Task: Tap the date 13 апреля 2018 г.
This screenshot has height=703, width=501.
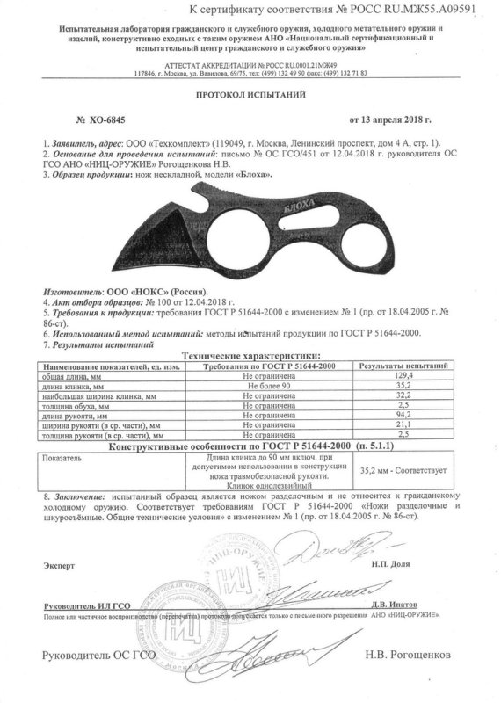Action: (x=394, y=118)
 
